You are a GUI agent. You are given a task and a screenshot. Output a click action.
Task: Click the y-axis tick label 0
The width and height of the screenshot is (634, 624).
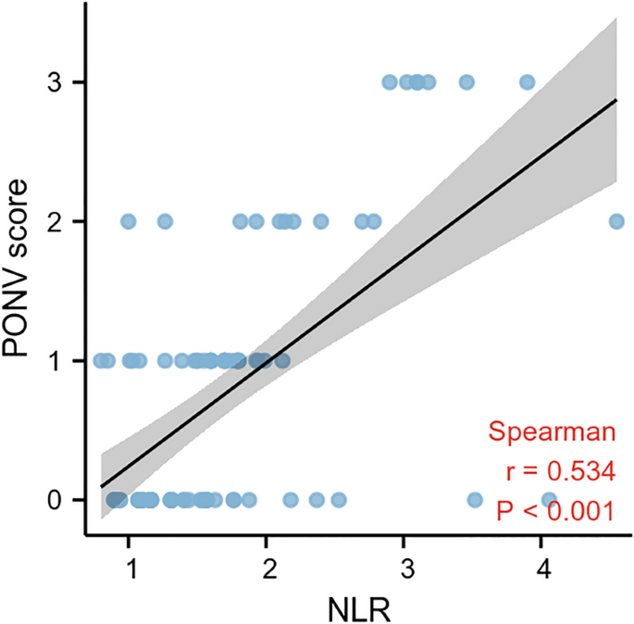click(x=55, y=500)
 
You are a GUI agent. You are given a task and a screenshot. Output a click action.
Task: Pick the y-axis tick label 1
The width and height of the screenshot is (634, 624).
click(x=55, y=361)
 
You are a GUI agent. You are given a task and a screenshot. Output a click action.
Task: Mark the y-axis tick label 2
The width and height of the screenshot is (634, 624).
click(x=55, y=221)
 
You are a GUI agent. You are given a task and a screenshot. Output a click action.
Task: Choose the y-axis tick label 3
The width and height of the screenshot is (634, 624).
click(x=55, y=82)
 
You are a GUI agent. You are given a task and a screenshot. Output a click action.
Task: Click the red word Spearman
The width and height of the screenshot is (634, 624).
click(x=552, y=432)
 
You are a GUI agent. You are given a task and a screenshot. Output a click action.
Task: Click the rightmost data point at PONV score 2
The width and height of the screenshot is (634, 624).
click(x=616, y=221)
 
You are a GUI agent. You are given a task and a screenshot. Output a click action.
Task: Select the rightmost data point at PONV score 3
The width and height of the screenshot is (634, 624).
click(x=527, y=82)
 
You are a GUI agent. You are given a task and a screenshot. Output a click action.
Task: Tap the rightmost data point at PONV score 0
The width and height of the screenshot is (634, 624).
click(x=548, y=500)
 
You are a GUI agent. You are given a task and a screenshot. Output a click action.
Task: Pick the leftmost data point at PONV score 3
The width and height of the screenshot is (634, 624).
click(x=390, y=82)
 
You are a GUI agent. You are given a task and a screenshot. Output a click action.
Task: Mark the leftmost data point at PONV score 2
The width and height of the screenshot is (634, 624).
click(x=128, y=221)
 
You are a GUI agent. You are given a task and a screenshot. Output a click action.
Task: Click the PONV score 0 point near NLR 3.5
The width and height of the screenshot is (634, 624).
click(x=475, y=500)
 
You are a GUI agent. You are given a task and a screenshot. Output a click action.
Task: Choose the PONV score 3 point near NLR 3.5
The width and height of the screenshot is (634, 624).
click(x=466, y=82)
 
